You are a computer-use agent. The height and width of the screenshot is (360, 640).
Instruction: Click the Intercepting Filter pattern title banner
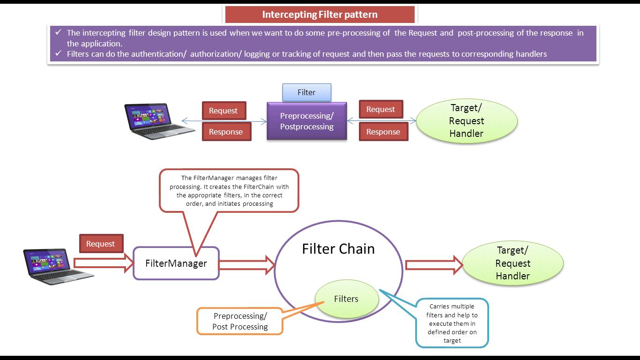coord(320,15)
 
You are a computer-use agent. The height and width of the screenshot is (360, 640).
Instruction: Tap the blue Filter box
coord(306,92)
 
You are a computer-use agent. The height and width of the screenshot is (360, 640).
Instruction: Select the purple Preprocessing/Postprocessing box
coord(306,121)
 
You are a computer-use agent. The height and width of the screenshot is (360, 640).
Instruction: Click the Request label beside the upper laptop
coord(223,111)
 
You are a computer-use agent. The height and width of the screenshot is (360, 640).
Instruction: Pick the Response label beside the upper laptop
coord(226,132)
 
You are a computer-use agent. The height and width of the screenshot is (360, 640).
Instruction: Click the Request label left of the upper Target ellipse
coord(380,109)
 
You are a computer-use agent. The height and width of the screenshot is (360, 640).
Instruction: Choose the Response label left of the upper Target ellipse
coord(383,132)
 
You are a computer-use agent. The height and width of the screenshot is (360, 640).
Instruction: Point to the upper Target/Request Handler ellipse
coord(466,121)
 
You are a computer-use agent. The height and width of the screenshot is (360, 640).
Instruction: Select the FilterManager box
coord(176,263)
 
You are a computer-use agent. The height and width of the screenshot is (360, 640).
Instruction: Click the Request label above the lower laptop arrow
coord(101,244)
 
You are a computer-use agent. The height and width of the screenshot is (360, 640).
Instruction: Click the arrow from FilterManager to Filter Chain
coord(246,265)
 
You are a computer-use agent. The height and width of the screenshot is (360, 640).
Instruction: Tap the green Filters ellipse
coord(346,299)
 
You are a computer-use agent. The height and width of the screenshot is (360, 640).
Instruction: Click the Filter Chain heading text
coord(338,248)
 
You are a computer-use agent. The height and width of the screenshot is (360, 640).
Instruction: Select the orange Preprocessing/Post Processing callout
coord(240,321)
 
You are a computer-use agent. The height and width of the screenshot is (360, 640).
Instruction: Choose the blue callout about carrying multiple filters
coord(452,323)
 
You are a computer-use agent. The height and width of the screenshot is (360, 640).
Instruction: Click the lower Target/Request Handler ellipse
coord(513,263)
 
